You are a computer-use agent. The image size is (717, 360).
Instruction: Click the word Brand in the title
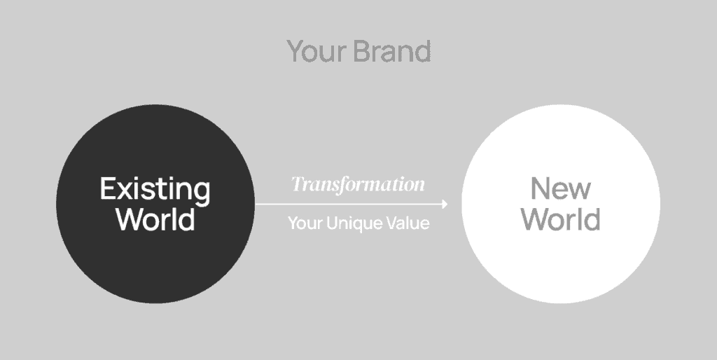(x=392, y=50)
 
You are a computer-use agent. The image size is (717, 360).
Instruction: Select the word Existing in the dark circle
(x=155, y=189)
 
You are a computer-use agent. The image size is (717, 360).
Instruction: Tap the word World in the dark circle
(x=155, y=219)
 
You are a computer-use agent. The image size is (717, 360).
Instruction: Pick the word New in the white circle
(x=561, y=188)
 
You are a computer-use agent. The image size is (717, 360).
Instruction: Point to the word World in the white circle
(x=561, y=219)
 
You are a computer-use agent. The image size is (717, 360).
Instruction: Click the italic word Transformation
(x=358, y=184)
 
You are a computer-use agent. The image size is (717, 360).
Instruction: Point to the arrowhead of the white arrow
(x=445, y=204)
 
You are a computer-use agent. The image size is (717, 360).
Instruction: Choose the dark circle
(x=155, y=204)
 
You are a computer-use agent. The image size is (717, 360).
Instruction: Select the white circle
(x=561, y=204)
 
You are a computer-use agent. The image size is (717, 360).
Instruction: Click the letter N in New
(x=540, y=188)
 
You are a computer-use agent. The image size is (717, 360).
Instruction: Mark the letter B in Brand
(x=362, y=50)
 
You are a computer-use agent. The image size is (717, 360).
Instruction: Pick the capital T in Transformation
(x=298, y=184)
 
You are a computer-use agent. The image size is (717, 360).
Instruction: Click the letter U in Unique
(x=332, y=223)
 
